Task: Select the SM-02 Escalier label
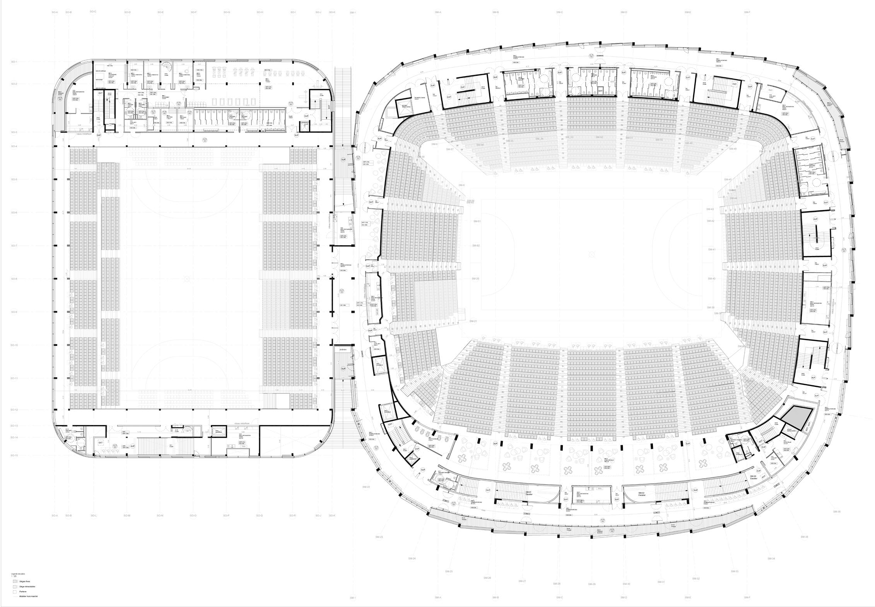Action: pyautogui.click(x=641, y=494)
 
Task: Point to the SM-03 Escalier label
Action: pyautogui.click(x=753, y=477)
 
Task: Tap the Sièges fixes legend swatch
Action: pyautogui.click(x=15, y=581)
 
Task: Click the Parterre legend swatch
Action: pyautogui.click(x=15, y=592)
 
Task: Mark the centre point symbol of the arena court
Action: pyautogui.click(x=591, y=254)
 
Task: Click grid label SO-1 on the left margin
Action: pyautogui.click(x=14, y=62)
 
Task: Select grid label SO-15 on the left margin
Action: pyautogui.click(x=14, y=455)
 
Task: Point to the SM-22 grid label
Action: pyautogui.click(x=366, y=487)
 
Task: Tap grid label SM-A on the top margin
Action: pyautogui.click(x=438, y=12)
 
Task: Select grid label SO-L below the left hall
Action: pyautogui.click(x=94, y=515)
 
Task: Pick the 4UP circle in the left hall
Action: pyautogui.click(x=133, y=446)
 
